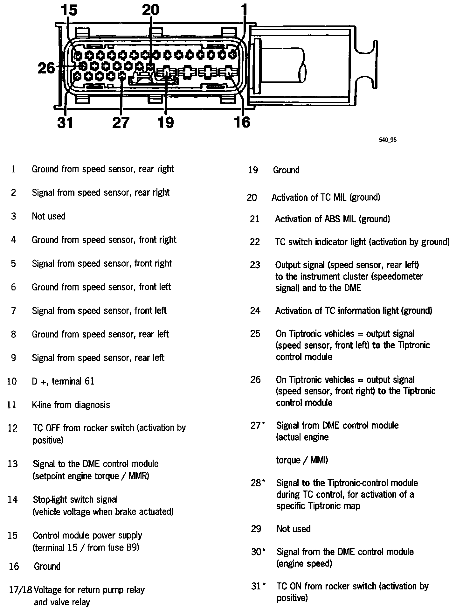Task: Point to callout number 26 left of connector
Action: tap(47, 68)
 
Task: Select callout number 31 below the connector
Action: tap(65, 122)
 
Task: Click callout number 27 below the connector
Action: tap(121, 122)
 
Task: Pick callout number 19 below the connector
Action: tap(166, 122)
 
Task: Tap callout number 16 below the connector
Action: tap(242, 122)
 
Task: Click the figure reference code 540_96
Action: tap(387, 140)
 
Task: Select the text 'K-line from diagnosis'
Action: tap(71, 405)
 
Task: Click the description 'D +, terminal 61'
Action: tap(63, 381)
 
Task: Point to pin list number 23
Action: tap(255, 265)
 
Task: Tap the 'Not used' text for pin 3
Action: tap(49, 216)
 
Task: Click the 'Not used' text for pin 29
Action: tap(293, 529)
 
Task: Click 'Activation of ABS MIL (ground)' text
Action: tap(332, 219)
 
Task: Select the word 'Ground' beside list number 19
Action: tap(286, 170)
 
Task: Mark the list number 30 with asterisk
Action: tap(258, 552)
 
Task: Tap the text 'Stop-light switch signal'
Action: tap(75, 499)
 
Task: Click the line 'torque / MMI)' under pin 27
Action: tap(302, 460)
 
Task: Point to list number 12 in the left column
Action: tap(13, 428)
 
